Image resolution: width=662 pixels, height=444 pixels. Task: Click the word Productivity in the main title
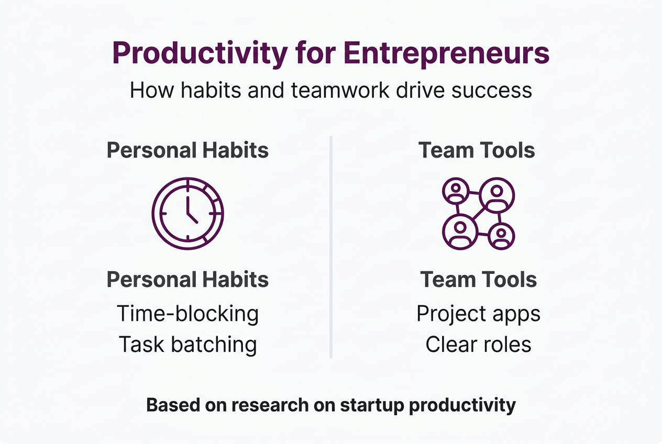(200, 53)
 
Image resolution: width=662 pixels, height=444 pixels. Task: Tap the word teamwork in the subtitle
(340, 90)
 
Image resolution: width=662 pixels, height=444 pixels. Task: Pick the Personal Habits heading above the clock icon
(187, 151)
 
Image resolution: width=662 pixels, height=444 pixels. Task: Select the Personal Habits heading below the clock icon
(187, 280)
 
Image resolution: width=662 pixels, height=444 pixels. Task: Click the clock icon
(187, 214)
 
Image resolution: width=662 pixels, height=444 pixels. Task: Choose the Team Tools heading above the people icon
(477, 151)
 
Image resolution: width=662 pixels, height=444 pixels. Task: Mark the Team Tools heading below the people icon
(478, 280)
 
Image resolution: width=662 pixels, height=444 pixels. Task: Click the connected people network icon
(478, 214)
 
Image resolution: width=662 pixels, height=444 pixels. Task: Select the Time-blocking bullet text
(187, 314)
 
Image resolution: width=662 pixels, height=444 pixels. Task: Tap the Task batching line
(187, 345)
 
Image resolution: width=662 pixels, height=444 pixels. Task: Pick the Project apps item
(478, 314)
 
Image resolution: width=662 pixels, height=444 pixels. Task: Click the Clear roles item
(478, 345)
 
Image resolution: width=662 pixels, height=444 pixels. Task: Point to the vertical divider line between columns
(331, 246)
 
